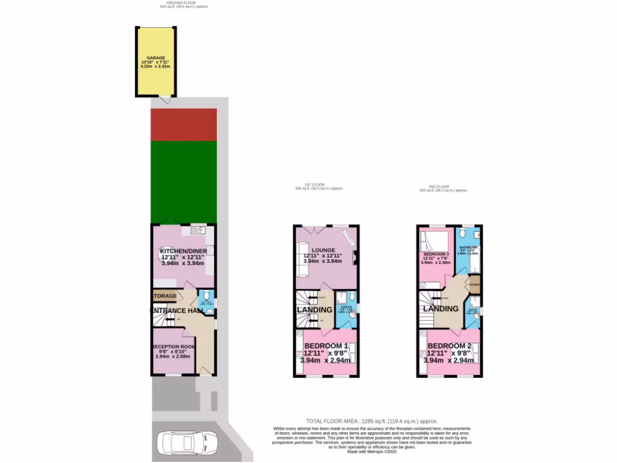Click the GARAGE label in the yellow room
click(155, 58)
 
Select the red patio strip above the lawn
click(183, 124)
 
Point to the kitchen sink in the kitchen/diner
click(198, 230)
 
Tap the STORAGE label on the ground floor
click(164, 296)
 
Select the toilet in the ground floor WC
click(204, 295)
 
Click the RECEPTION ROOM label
click(173, 347)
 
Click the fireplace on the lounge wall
click(354, 257)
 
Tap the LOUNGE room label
click(323, 250)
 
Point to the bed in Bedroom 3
click(433, 241)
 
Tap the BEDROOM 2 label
click(449, 345)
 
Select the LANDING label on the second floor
click(440, 309)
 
